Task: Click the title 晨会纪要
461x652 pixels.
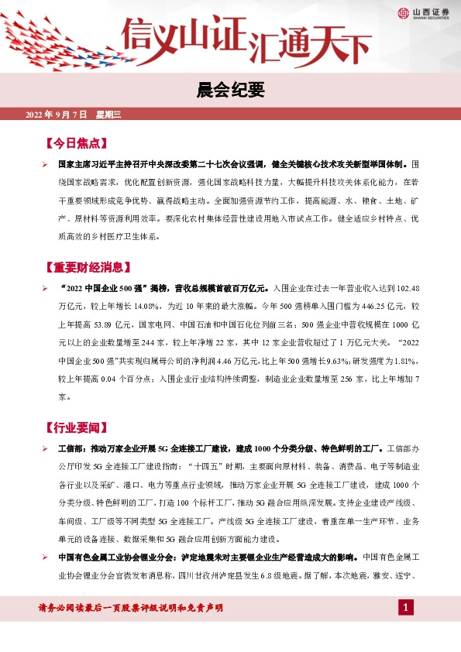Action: [230, 91]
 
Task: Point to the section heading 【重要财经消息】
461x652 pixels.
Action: [85, 268]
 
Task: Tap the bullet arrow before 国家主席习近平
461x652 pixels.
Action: [46, 165]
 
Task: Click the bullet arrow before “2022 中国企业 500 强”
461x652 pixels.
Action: [46, 288]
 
